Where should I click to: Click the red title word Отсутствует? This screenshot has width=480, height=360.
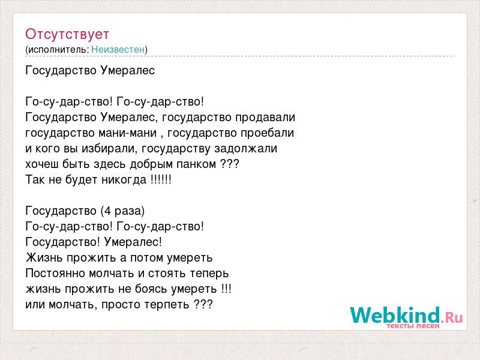(67, 34)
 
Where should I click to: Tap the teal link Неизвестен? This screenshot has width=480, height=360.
(118, 49)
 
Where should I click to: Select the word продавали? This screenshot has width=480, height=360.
(265, 117)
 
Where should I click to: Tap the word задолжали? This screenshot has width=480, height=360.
(246, 149)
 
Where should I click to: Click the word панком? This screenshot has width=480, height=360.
(197, 164)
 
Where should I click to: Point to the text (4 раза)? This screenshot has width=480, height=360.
(123, 211)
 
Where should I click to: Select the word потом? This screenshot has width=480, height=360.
(146, 258)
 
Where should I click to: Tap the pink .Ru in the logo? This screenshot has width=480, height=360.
(452, 317)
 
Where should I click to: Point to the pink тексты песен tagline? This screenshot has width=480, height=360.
(413, 326)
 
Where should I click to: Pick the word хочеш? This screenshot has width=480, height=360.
(42, 164)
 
